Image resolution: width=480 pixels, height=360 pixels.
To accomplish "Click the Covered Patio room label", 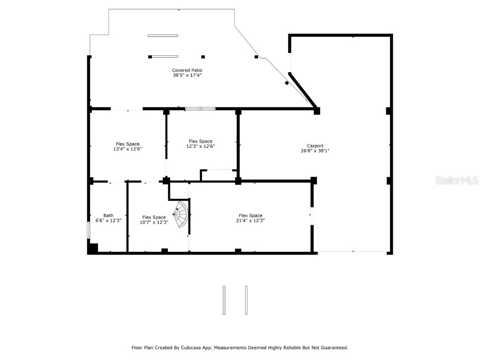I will tap(187, 70).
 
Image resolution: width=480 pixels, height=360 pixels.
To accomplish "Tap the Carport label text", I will tap(315, 146).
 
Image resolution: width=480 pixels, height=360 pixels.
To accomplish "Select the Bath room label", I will tap(108, 216).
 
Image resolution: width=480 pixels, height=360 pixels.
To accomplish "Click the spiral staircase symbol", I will tap(181, 214).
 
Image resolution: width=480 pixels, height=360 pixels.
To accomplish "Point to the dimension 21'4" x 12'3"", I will tap(250, 221).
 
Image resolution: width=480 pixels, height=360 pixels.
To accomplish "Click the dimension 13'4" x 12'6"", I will tap(127, 149).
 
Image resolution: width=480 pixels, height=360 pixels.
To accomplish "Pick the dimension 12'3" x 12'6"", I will tap(200, 146).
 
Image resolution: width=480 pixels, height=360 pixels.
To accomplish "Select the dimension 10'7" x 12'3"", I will tap(154, 222).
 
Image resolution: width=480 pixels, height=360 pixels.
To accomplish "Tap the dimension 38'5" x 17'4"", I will tap(187, 75).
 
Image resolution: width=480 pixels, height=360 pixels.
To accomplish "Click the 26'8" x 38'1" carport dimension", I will tap(315, 151).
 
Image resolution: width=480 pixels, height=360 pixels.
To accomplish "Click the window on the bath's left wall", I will tap(89, 230).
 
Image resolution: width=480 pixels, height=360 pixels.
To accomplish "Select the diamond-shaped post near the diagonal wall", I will tap(287, 83).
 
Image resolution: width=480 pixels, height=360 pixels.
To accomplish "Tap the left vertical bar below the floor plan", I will tap(224, 300).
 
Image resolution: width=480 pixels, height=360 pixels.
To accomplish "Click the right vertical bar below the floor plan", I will tap(246, 300).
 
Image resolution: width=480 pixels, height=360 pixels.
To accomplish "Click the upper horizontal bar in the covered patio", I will tap(163, 36).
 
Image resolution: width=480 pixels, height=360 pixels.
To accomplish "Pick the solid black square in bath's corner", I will tap(93, 248).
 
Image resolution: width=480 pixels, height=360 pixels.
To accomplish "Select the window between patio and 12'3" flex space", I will tap(200, 109).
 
